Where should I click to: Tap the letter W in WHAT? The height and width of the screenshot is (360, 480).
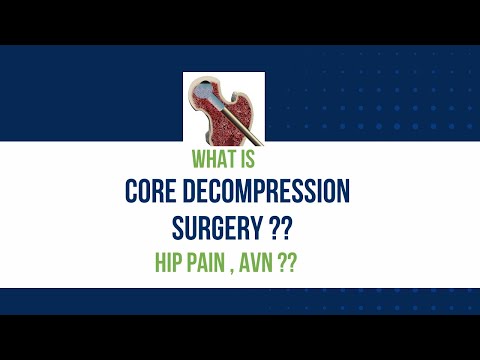pyautogui.click(x=197, y=158)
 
